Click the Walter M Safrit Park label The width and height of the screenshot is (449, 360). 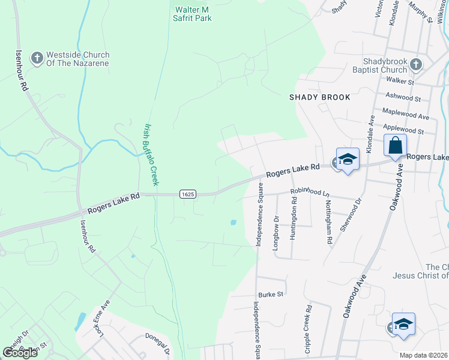tap(193, 14)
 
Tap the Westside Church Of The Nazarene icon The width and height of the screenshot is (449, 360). tap(37, 58)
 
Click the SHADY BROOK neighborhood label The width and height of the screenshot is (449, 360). tap(319, 97)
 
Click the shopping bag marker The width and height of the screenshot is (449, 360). tap(395, 146)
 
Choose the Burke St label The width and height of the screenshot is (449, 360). tap(270, 295)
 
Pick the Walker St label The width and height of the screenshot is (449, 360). tap(400, 80)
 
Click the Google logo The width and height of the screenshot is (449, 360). tap(20, 353)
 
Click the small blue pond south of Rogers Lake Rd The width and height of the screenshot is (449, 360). tap(232, 223)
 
